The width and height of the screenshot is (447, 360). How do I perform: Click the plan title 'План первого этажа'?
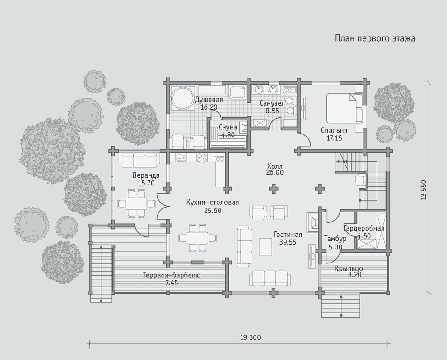point(375,38)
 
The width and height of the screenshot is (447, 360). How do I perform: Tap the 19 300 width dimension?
point(250,338)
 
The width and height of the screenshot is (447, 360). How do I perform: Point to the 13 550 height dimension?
point(423,189)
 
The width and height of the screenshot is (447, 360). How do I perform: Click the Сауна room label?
point(228,127)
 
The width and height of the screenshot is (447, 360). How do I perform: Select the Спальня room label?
point(334,131)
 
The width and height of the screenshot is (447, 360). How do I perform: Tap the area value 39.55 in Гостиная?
point(288,242)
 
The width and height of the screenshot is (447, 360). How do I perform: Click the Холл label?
point(275,166)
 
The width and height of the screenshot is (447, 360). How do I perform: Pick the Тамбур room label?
point(335,239)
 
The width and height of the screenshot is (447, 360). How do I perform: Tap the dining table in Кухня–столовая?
point(197,238)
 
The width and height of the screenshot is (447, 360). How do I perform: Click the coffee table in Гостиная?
point(265,247)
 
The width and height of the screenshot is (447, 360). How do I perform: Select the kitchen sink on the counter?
point(181,157)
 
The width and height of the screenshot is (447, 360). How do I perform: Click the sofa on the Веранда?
point(139,160)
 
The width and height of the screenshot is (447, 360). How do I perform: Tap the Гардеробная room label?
point(364,228)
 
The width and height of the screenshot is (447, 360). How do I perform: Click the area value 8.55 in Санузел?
point(272,111)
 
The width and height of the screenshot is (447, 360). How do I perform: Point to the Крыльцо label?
point(349,268)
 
